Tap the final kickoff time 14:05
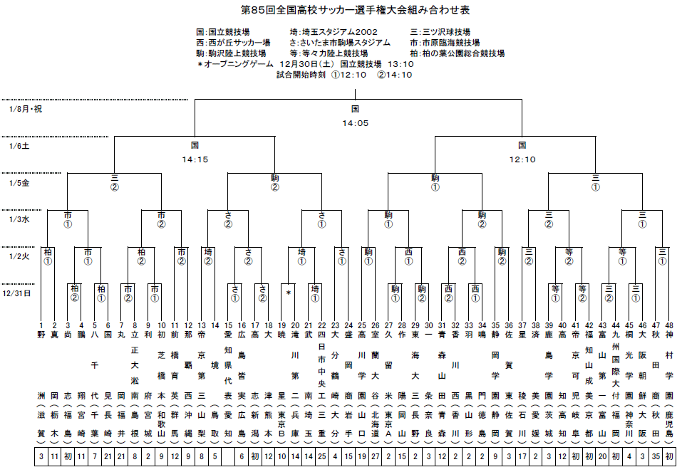[355, 123]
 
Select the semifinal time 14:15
[195, 159]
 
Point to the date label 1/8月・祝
[26, 109]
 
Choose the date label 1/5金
[21, 183]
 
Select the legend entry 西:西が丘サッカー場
[233, 43]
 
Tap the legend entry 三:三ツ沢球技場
[440, 33]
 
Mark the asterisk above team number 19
[289, 293]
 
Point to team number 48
[668, 325]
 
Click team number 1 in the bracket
[41, 325]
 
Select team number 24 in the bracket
[348, 325]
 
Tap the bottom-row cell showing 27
[376, 456]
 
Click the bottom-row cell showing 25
[322, 456]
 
